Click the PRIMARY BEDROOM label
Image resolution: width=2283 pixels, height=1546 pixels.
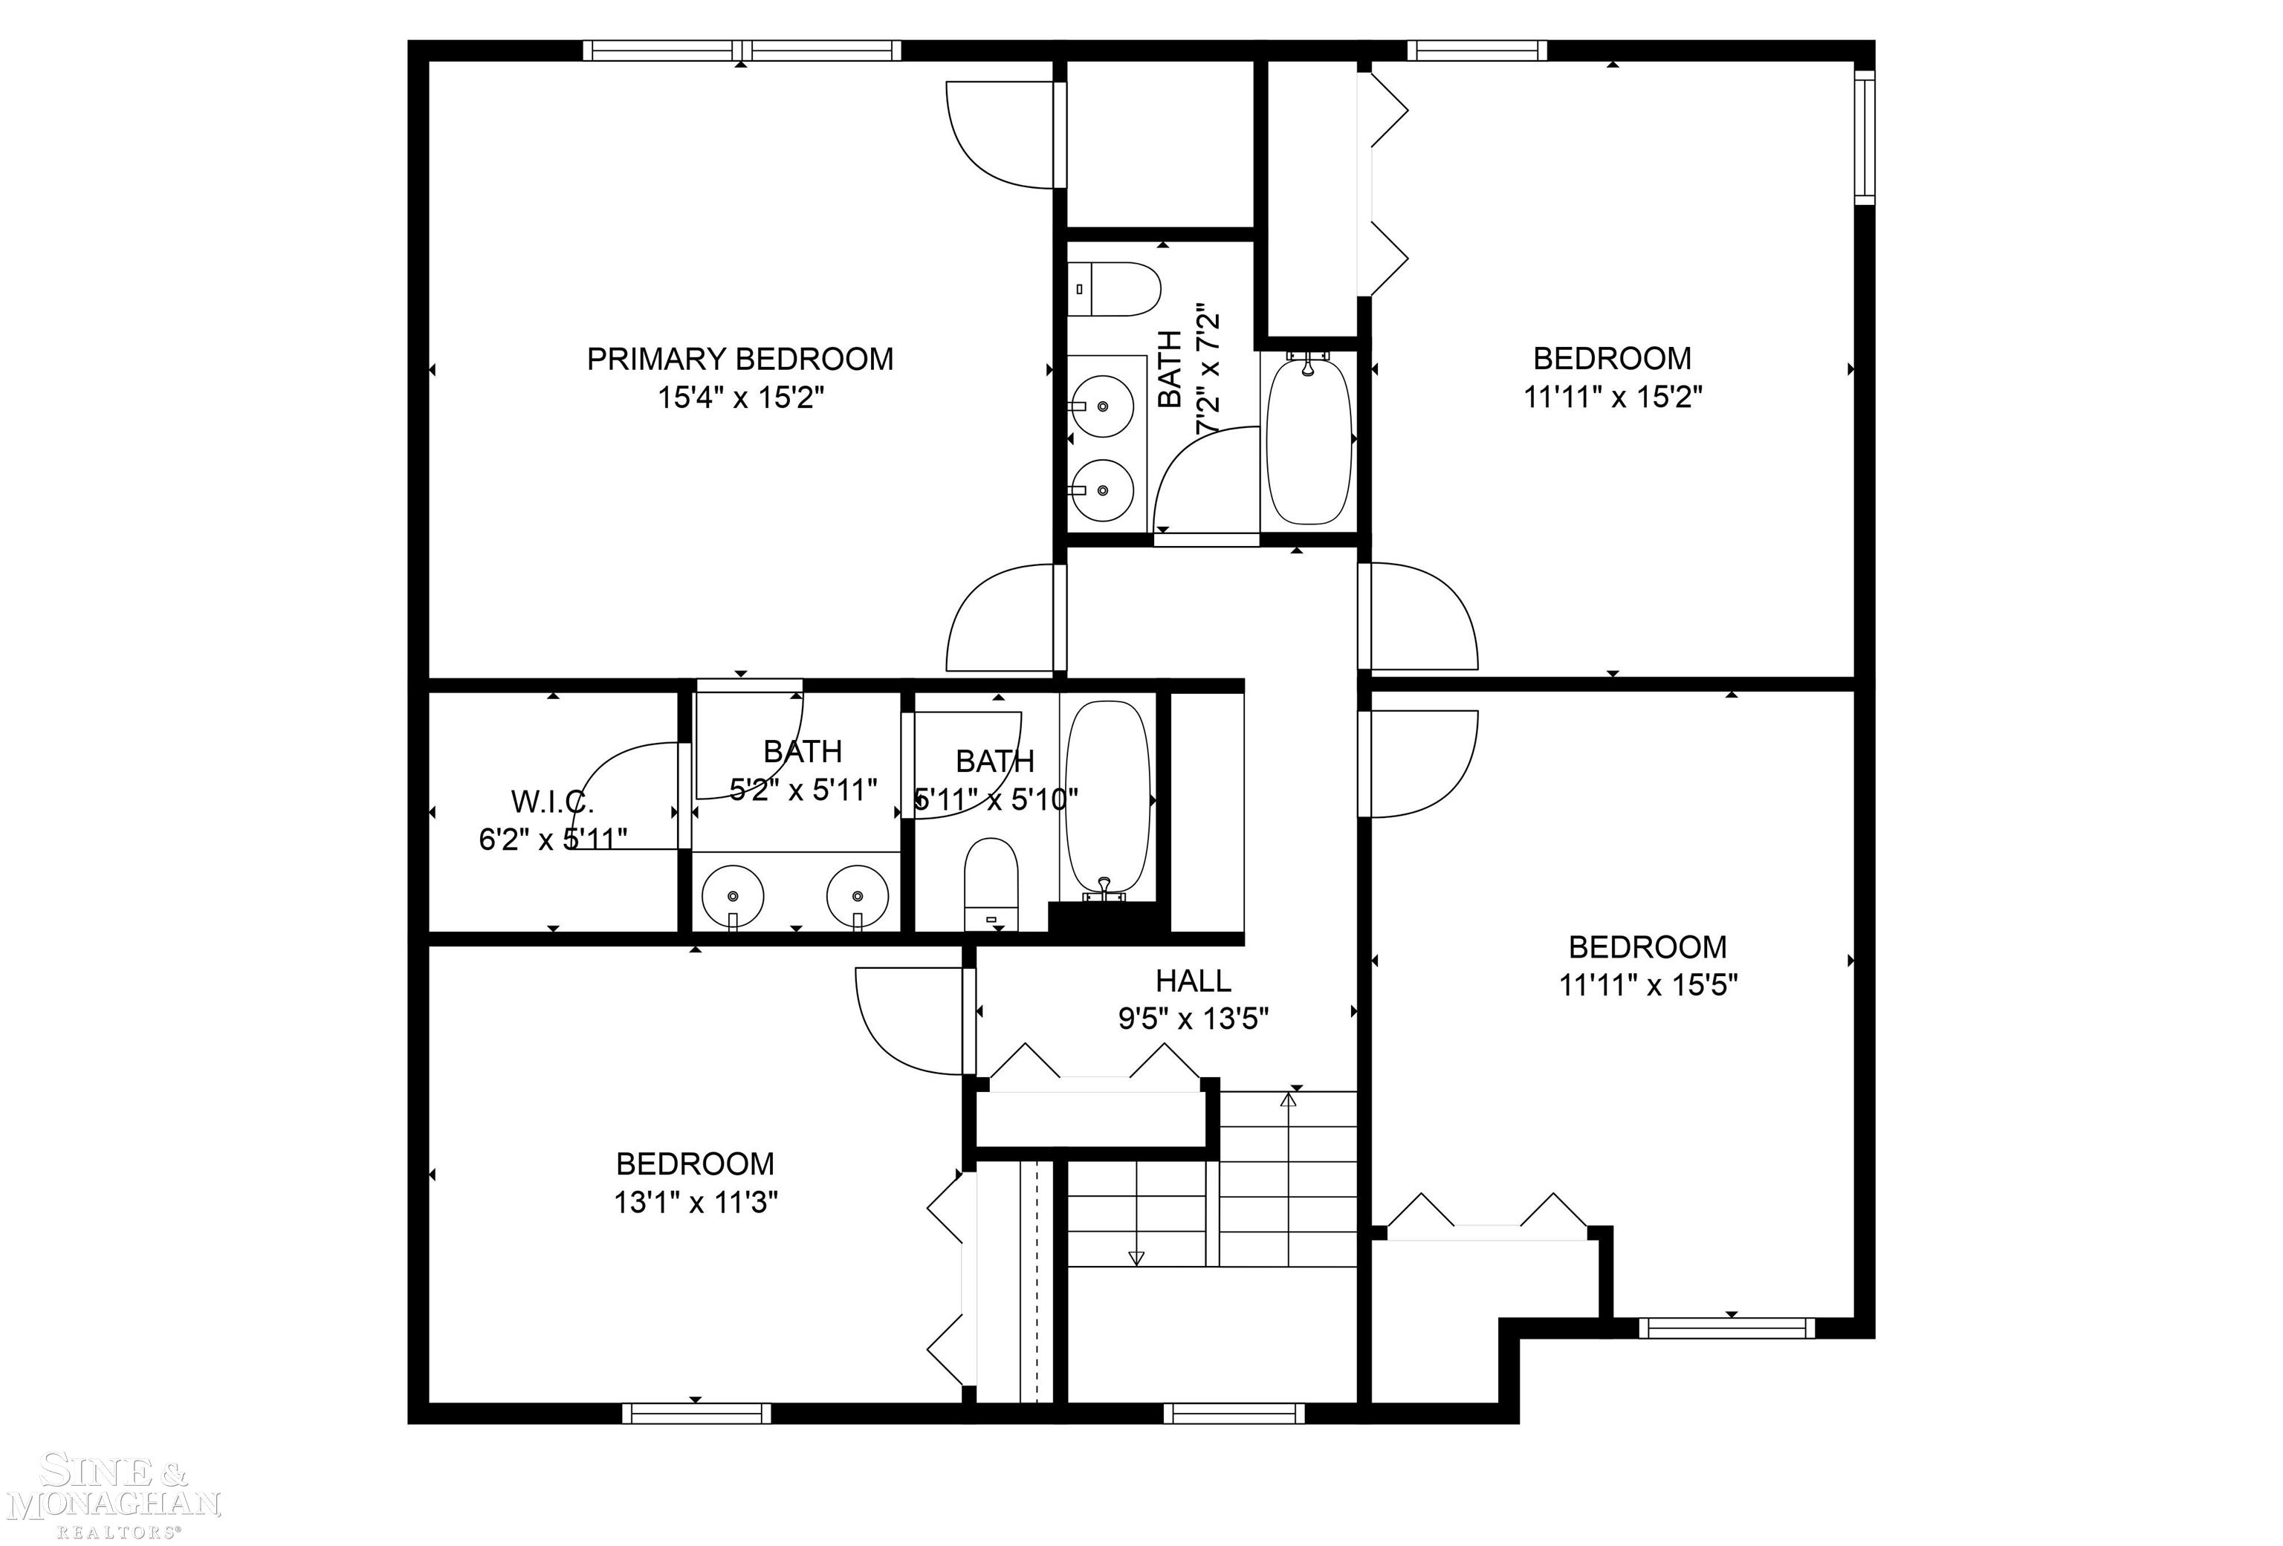[739, 359]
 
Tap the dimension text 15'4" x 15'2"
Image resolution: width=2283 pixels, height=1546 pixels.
[739, 397]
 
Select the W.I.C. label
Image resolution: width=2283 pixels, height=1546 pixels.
[552, 802]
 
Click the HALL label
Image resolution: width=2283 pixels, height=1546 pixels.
[1193, 980]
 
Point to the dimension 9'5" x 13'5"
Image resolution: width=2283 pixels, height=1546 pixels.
[1193, 1019]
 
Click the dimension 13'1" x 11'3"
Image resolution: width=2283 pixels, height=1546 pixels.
[696, 1202]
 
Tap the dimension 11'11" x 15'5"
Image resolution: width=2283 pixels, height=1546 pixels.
[1648, 985]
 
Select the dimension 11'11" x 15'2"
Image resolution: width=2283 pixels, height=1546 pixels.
[1612, 397]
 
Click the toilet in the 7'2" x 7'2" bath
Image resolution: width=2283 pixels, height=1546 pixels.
[1115, 289]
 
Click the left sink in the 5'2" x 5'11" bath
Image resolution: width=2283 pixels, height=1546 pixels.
[733, 896]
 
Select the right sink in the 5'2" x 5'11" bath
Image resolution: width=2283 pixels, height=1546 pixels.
[857, 896]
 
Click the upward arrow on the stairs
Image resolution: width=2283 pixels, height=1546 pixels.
[1288, 1100]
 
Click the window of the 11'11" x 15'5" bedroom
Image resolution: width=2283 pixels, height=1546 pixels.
[1727, 1328]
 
